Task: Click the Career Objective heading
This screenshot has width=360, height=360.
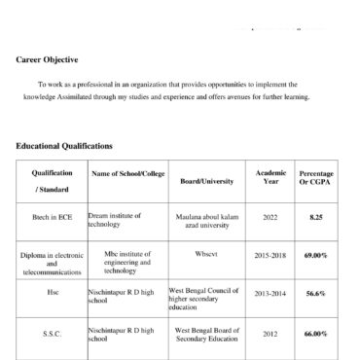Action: coord(49,58)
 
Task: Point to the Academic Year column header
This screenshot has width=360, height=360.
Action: coord(270,178)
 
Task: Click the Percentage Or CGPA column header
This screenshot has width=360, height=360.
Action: coord(316,178)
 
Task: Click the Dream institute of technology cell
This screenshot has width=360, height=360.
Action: coord(115,219)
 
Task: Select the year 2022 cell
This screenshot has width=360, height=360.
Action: coord(270,217)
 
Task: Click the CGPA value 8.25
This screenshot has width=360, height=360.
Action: coord(316,217)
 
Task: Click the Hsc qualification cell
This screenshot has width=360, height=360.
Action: coord(52,291)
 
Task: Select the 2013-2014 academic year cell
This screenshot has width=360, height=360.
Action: coord(270,292)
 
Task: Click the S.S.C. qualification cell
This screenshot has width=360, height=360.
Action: coord(52,334)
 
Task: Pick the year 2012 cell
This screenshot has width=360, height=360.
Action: coord(270,334)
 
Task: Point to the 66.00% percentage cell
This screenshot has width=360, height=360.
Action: coord(316,334)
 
